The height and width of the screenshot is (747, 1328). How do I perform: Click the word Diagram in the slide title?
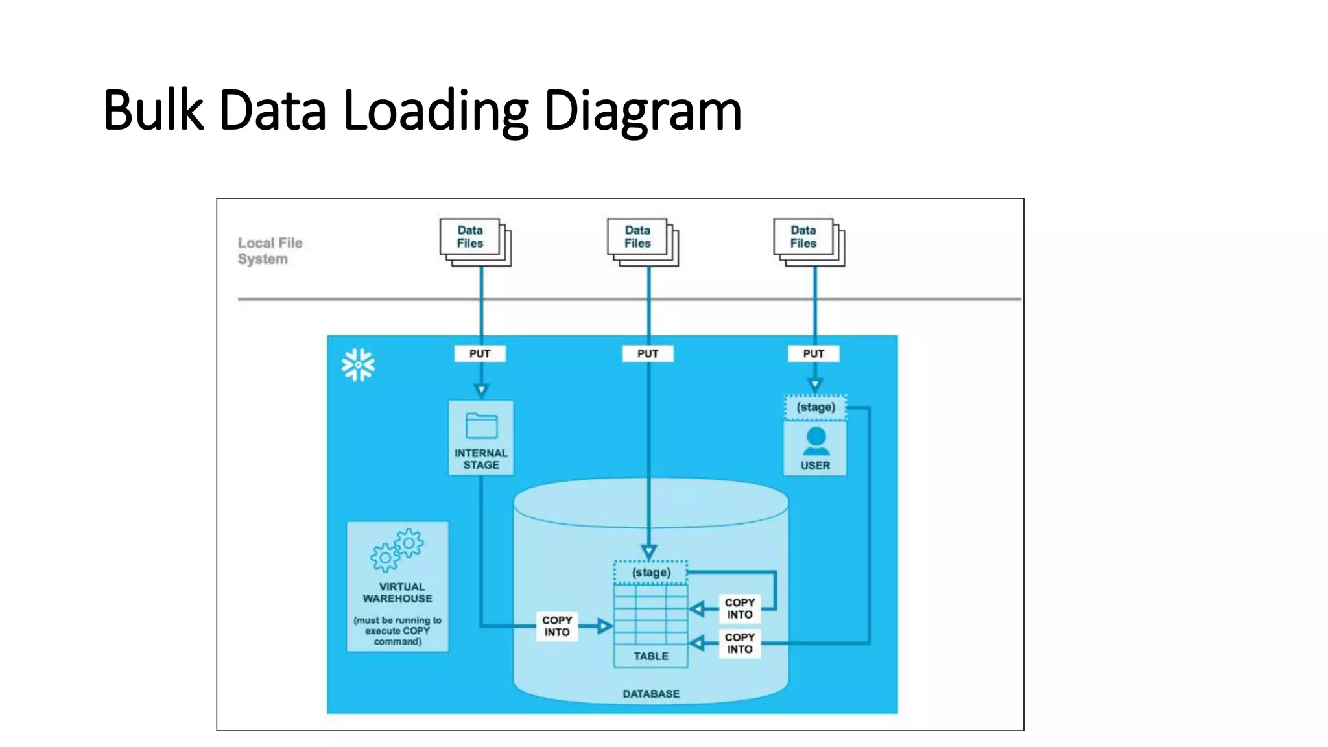pos(642,112)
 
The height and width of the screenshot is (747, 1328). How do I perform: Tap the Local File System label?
pos(270,251)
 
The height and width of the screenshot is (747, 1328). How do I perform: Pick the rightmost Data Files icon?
pos(808,241)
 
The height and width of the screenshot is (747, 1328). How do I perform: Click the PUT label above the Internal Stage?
pos(480,354)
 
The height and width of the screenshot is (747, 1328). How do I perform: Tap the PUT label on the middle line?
pos(648,354)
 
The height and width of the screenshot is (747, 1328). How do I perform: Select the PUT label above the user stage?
pos(814,354)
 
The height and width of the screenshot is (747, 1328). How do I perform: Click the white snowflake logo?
pos(358,365)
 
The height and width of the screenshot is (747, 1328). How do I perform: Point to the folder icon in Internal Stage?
pos(481,427)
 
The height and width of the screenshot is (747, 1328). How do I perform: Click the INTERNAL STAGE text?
pos(481,459)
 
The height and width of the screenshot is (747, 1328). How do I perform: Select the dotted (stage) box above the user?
pos(815,408)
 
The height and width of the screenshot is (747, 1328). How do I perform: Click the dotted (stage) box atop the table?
pos(651,573)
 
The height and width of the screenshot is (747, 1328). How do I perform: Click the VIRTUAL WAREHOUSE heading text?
pos(397,593)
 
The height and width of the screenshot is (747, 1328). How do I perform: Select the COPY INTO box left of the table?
pos(557,626)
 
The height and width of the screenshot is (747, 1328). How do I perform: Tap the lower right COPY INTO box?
pos(740,643)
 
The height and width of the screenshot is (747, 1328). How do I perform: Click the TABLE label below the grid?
pos(651,656)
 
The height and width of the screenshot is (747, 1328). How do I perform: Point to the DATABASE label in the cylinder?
pos(651,694)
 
